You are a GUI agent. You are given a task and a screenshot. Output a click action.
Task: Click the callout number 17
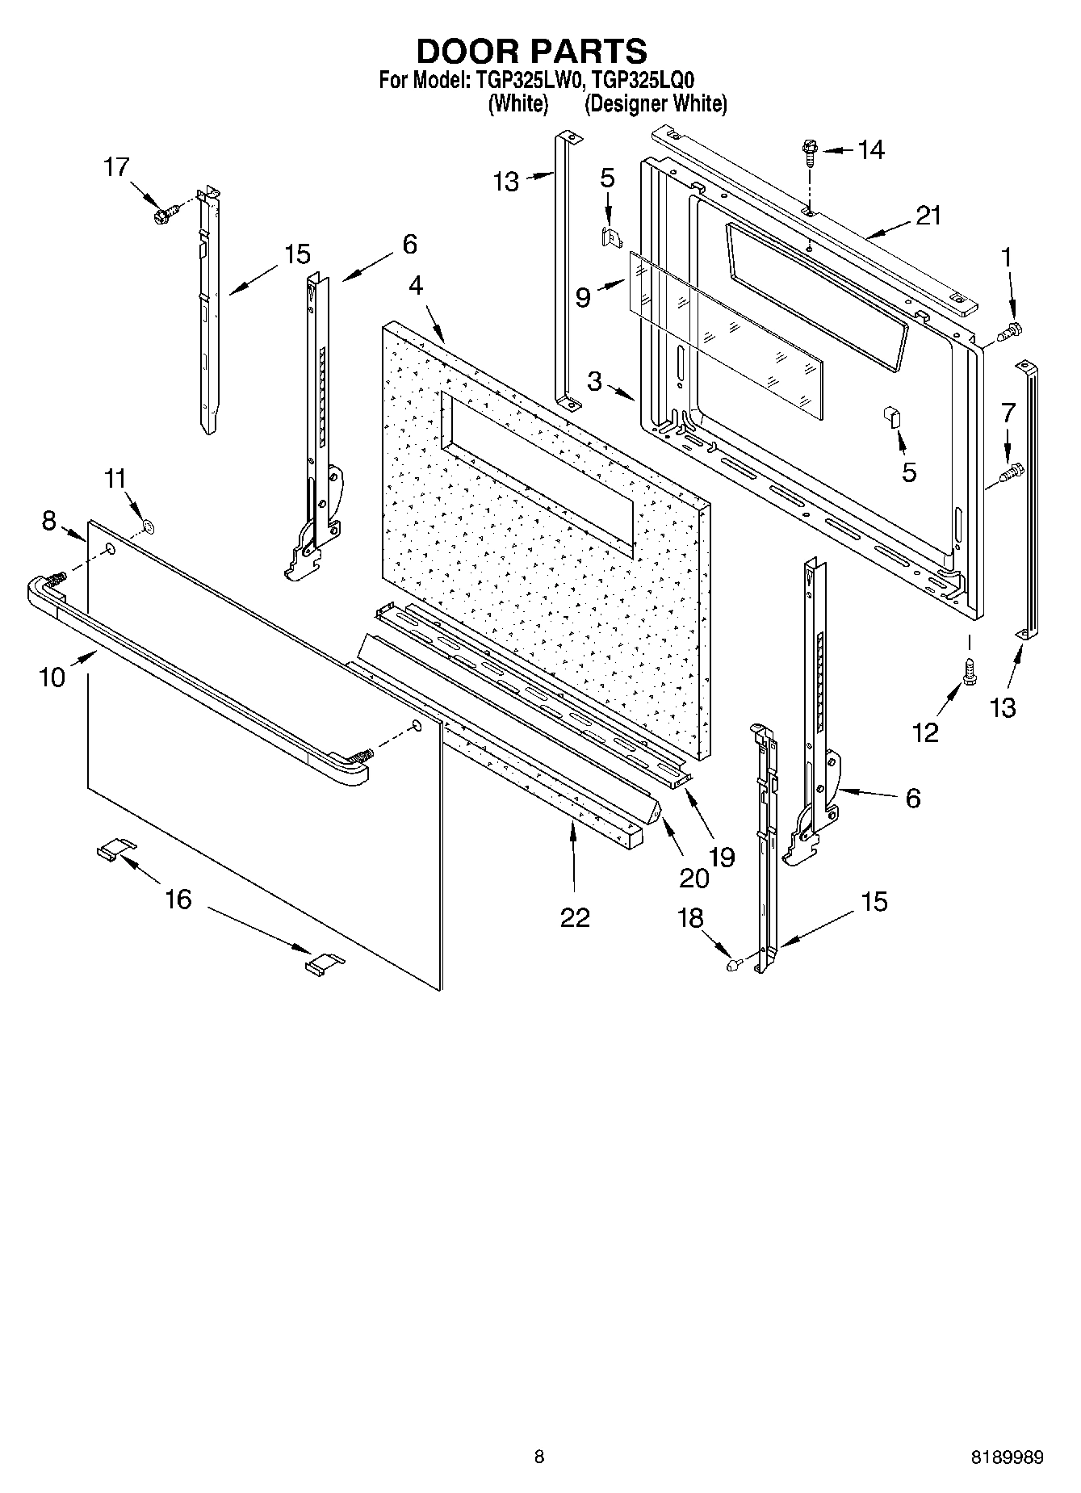point(116,167)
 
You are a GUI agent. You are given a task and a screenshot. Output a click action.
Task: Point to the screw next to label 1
point(1011,331)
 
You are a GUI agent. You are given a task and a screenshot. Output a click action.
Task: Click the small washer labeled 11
point(148,527)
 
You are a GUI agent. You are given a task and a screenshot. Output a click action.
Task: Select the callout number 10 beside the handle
point(52,677)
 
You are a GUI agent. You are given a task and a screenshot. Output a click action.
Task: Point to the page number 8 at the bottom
point(539,1457)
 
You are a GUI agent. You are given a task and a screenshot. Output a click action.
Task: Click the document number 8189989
point(1007,1457)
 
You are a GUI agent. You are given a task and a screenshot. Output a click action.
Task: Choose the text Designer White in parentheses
point(656,104)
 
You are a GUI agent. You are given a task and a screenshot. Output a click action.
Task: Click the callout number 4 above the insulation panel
point(416,286)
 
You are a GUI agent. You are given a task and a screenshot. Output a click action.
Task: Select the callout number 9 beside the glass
point(583,298)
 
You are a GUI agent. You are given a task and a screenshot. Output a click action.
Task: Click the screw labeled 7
point(1011,472)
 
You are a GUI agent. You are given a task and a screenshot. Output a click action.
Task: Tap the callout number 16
point(178,899)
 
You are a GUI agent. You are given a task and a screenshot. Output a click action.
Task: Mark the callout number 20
point(694,877)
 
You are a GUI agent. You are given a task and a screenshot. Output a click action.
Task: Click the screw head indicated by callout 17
point(163,216)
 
